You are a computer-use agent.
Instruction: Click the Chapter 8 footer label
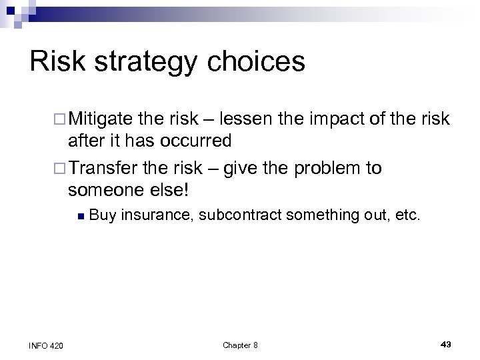pyautogui.click(x=239, y=345)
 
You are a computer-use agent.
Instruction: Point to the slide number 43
pyautogui.click(x=446, y=344)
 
